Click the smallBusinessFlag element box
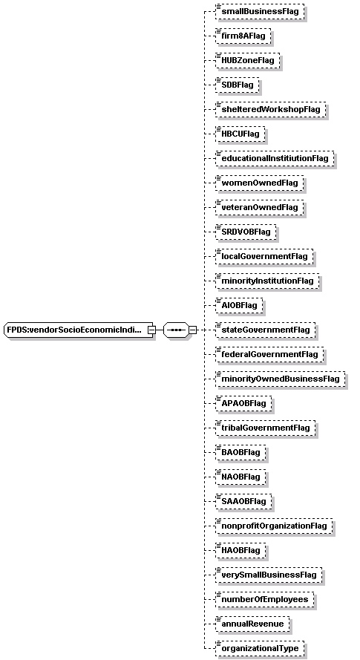coord(259,11)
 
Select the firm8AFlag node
coord(243,36)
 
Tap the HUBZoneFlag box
coord(248,60)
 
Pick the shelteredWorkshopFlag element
coord(271,109)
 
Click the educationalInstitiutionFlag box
coord(275,158)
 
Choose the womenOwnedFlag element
coord(259,183)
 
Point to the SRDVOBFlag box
coord(246,232)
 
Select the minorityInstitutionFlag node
coord(267,281)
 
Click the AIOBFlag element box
coord(239,305)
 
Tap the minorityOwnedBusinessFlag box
coord(280,379)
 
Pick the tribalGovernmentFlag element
coord(265,428)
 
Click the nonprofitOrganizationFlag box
coord(274,526)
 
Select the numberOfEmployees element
coord(265,599)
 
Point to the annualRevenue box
coord(252,624)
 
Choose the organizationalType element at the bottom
coord(260,648)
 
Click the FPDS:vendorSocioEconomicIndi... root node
coord(79,330)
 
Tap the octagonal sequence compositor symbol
coord(176,330)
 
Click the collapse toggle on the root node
coord(151,330)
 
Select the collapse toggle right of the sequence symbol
coord(192,330)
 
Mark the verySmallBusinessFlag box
coord(269,575)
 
